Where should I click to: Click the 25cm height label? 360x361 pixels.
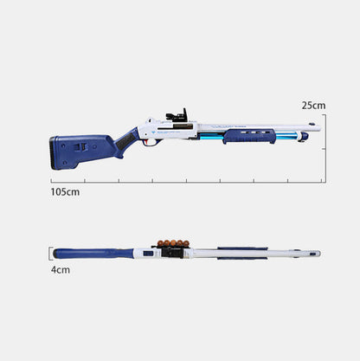click(312, 105)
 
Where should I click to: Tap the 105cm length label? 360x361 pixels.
click(65, 191)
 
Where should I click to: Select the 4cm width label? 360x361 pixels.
click(59, 269)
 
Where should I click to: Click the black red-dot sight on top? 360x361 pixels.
click(177, 116)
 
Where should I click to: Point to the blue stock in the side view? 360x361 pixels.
click(82, 149)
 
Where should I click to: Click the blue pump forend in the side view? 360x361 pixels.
click(251, 136)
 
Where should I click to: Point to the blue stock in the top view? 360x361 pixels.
click(91, 254)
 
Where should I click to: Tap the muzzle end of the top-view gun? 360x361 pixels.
click(317, 254)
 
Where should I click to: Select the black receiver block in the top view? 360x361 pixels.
click(172, 253)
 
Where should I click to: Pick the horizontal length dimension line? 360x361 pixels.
click(186, 182)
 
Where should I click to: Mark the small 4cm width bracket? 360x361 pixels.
click(48, 254)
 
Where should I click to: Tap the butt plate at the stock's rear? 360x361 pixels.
click(53, 151)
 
